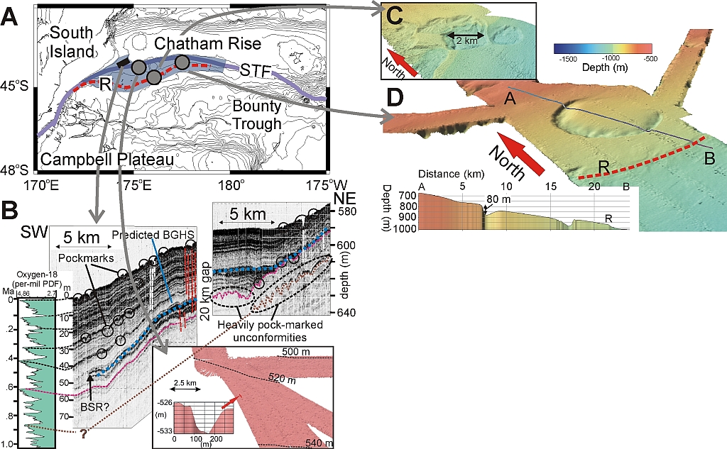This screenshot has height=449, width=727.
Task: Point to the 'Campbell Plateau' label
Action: pyautogui.click(x=107, y=162)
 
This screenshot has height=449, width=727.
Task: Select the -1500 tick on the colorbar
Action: pyautogui.click(x=565, y=62)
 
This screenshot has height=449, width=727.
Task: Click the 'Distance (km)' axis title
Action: pyautogui.click(x=449, y=173)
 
